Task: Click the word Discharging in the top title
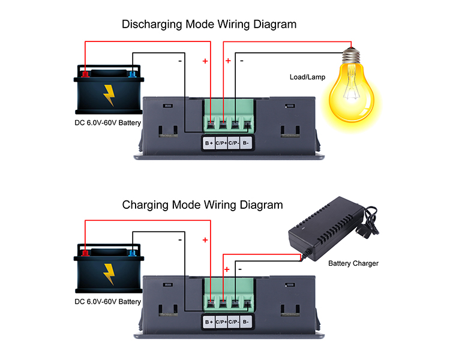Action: (152, 25)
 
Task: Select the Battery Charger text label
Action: (353, 263)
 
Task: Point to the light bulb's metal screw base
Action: (351, 56)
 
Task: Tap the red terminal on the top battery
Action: (86, 74)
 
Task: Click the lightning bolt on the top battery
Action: (109, 95)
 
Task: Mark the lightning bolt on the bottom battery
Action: (109, 273)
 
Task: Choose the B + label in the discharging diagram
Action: (209, 143)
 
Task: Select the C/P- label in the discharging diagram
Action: (233, 143)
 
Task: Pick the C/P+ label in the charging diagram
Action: (221, 322)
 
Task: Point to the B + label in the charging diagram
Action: (209, 322)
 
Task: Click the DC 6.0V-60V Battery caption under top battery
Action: (108, 124)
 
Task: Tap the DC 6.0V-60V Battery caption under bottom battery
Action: (108, 302)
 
